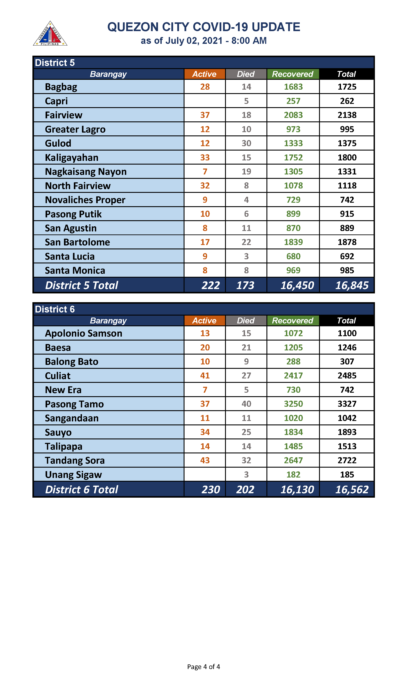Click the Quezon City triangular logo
50,34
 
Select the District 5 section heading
55,63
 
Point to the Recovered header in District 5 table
293,74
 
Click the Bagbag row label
61,87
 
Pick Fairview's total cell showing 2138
347,115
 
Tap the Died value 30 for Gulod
246,143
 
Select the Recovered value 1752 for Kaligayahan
293,158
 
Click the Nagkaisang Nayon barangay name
86,172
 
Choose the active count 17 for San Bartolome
205,242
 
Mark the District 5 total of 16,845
352,285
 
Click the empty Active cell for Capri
205,101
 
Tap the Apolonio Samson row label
83,333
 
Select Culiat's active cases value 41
205,376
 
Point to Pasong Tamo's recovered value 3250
293,404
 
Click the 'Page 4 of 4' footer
203,666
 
